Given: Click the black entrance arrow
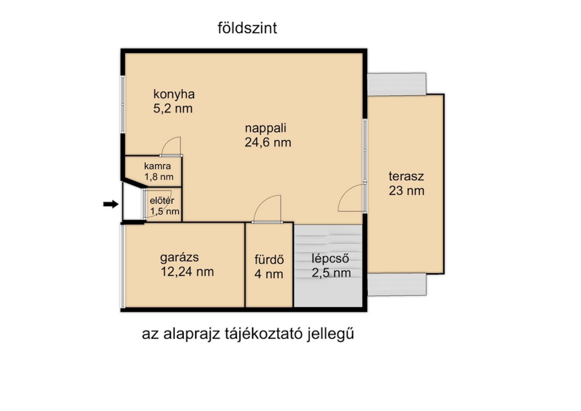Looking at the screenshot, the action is [111, 204].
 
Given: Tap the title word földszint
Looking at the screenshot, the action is [247, 28].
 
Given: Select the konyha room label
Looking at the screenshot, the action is [174, 94].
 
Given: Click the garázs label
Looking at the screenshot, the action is [180, 257].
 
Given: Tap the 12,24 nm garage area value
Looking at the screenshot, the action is [187, 272].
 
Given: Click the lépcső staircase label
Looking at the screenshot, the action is [330, 258].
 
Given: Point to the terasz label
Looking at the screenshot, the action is [406, 176].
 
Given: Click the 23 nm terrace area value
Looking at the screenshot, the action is [407, 191].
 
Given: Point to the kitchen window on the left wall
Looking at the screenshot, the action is [123, 104].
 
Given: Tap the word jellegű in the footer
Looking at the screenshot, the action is [330, 334].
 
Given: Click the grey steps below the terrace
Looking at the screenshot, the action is [397, 284].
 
